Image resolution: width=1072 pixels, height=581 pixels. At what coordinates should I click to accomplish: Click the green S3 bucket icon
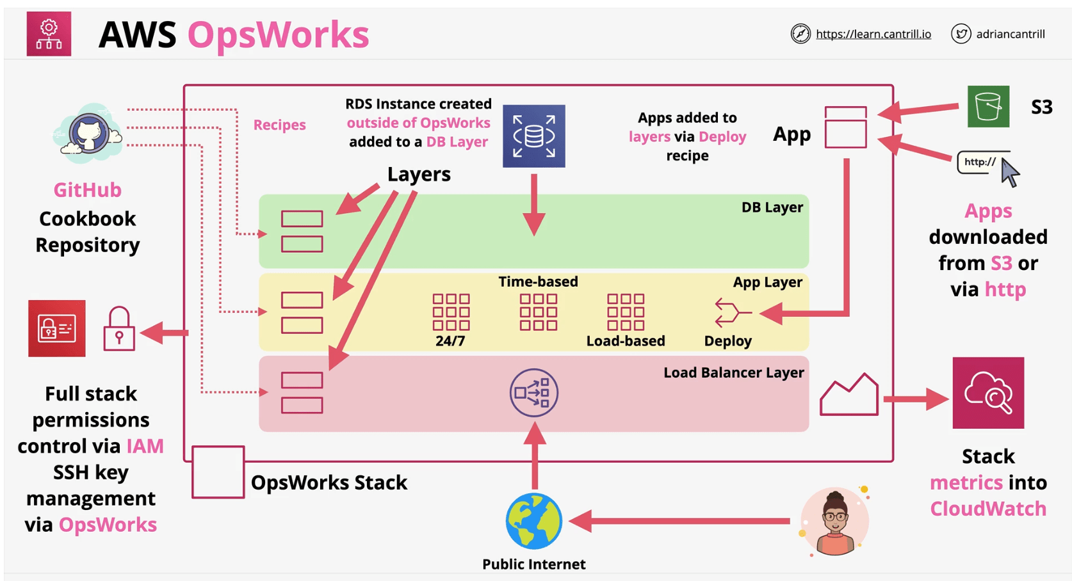coord(987,106)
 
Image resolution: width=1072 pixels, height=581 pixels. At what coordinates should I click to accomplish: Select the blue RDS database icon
coord(533,136)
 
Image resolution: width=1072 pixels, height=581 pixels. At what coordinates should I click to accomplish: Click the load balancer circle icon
coord(533,393)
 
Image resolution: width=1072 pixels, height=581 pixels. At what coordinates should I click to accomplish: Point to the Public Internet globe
coord(533,521)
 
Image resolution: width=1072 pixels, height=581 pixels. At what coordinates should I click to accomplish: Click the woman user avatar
coord(834,521)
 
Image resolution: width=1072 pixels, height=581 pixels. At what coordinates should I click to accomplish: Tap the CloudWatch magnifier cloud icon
coord(987,393)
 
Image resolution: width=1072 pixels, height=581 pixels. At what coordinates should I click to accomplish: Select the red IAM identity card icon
coord(56,328)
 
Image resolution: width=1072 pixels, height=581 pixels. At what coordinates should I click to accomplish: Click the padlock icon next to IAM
coord(119,329)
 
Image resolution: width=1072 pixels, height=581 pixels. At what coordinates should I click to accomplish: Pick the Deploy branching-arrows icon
coord(731,313)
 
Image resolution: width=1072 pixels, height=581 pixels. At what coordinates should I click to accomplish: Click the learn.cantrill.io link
coord(873,34)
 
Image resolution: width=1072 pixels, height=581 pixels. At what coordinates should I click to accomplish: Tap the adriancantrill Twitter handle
coord(1010,34)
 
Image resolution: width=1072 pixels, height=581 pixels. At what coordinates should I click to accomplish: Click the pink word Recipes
coord(279,125)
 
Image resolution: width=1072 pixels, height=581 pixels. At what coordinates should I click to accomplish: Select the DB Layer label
coord(772,207)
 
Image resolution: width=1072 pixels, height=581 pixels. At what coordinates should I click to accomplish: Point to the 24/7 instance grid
coord(451,312)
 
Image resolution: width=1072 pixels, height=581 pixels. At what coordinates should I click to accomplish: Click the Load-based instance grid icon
coord(625,312)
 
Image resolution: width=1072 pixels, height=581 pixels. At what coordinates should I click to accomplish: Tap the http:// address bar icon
coord(981,163)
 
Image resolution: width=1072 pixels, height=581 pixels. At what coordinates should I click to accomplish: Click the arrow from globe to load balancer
coord(534,458)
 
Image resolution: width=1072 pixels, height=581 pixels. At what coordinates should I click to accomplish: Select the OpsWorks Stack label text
coord(329,482)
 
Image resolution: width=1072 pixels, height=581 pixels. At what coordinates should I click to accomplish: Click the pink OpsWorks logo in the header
coord(49,34)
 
